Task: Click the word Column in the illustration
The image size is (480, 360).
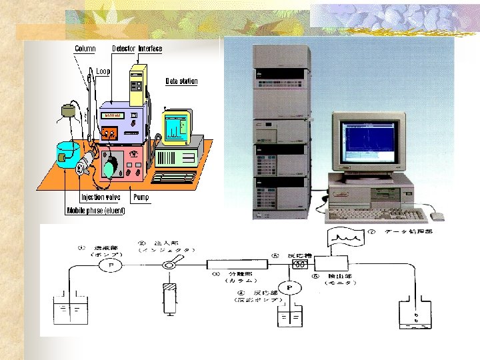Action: [x=85, y=49]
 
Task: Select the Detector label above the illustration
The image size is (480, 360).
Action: [x=123, y=49]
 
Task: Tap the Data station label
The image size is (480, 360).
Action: [x=181, y=81]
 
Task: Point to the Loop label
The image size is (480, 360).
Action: [x=103, y=71]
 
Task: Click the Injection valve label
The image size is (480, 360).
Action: [x=101, y=197]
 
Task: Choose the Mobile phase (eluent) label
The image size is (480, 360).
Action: [x=95, y=211]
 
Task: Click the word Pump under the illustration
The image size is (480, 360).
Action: [x=141, y=197]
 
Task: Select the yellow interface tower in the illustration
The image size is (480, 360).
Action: [x=139, y=83]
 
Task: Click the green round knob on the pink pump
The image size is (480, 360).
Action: [x=109, y=167]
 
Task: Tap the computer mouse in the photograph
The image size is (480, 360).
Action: [x=437, y=216]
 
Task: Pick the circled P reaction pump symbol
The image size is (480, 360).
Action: [x=289, y=288]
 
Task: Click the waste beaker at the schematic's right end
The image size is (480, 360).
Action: [x=417, y=313]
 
